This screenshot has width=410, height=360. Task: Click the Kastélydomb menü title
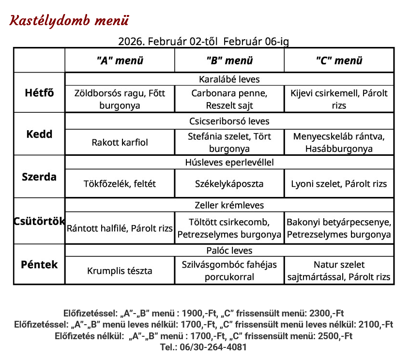[x=70, y=21]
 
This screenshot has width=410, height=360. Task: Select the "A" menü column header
[x=120, y=60]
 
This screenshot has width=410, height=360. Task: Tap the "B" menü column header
[x=229, y=60]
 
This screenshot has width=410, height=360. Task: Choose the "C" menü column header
[x=339, y=60]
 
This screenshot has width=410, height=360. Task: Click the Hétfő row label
[x=39, y=92]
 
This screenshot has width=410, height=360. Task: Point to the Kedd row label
[x=39, y=134]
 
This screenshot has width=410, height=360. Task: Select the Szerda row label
[x=39, y=177]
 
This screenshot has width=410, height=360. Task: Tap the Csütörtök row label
[x=39, y=221]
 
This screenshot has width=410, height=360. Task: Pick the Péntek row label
[x=39, y=265]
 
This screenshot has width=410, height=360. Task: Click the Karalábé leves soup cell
[x=229, y=79]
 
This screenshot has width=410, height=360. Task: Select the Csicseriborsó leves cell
[x=229, y=121]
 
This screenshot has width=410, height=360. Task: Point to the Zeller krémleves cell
[x=229, y=205]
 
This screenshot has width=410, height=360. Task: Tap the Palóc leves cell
[x=229, y=250]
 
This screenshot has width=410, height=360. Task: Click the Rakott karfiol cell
[x=120, y=142]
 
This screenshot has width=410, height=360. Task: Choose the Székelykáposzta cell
[x=229, y=184]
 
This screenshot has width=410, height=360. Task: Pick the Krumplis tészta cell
[x=120, y=271]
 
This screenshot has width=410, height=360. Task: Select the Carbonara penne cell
[x=229, y=99]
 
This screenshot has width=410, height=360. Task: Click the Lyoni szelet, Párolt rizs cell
[x=339, y=184]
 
